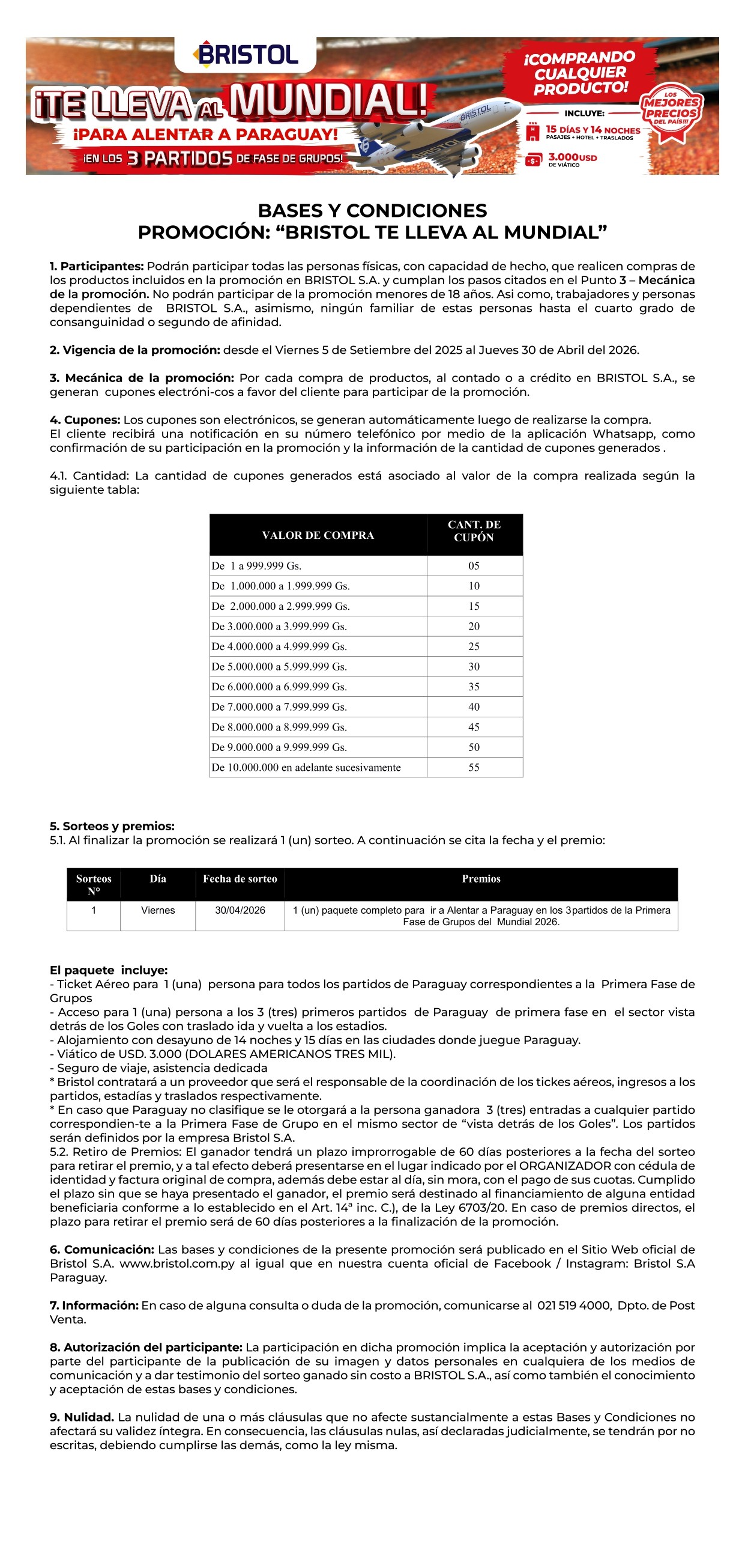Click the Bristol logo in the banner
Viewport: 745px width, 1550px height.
(x=246, y=54)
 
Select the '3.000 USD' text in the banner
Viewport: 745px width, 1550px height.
(x=572, y=157)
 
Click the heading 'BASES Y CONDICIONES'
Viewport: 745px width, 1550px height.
(x=372, y=211)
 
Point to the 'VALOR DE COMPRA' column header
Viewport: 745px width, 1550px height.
(x=318, y=535)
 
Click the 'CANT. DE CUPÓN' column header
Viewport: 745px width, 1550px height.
(x=474, y=531)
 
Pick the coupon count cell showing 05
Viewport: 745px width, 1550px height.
(x=474, y=565)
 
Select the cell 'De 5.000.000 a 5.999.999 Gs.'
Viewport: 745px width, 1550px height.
(x=279, y=667)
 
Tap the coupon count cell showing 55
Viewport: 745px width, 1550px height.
(x=474, y=767)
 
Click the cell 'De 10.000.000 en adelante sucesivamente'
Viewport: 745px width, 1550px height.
(x=306, y=767)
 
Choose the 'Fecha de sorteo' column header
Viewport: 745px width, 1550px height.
(x=240, y=879)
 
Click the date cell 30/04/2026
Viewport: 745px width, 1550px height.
(x=240, y=910)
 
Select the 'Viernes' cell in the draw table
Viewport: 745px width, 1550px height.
(x=157, y=910)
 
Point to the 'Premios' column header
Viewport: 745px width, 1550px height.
(x=481, y=879)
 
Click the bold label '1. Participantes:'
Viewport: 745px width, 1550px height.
(x=97, y=266)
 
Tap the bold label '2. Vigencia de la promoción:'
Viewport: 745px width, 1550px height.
(x=135, y=350)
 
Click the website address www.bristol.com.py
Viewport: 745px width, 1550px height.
(x=176, y=1263)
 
